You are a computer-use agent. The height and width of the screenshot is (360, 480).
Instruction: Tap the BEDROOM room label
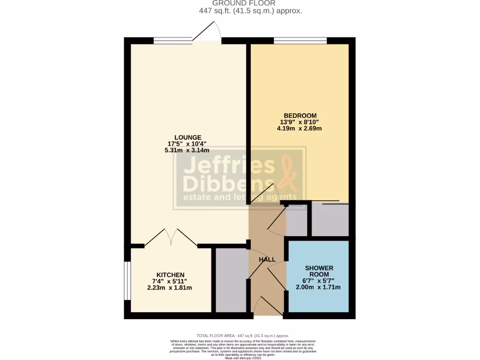(x=300, y=115)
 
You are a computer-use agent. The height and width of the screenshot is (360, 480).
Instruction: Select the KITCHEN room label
(x=170, y=275)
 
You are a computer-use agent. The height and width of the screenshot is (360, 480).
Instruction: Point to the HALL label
(x=267, y=259)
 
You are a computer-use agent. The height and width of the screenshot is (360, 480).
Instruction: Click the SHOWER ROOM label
(x=319, y=271)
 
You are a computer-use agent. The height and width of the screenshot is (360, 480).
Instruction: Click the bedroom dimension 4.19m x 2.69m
(x=300, y=128)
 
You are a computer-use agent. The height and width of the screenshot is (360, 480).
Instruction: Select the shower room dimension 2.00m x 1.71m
(x=318, y=287)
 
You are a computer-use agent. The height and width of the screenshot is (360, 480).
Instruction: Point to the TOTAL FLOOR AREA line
(x=243, y=336)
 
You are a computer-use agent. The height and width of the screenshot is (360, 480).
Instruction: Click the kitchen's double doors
(x=171, y=238)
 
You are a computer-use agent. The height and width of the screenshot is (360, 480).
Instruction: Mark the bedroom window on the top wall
(x=300, y=40)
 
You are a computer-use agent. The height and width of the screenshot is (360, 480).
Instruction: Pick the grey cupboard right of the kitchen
(x=231, y=280)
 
